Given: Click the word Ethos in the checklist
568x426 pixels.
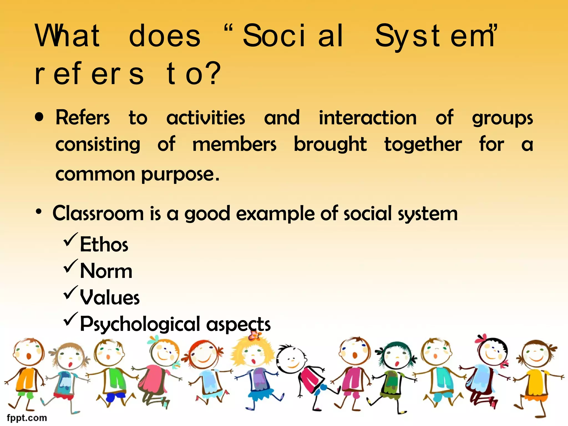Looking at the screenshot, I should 104,244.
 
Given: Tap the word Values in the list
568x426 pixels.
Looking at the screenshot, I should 110,297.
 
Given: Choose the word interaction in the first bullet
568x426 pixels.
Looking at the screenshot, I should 367,118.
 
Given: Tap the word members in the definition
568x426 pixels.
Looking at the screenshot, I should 234,144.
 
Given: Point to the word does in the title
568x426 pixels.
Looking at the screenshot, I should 164,36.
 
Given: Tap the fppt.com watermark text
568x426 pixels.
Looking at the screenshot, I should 27,418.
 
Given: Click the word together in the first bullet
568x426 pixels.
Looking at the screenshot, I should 423,144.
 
